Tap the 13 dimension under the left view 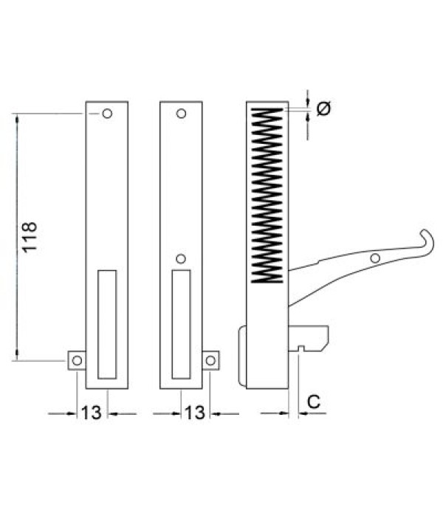point(93,413)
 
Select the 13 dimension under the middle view point(195,413)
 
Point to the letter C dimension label point(313,402)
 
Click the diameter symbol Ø point(323,108)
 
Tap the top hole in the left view point(108,114)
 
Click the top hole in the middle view point(181,114)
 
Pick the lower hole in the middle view point(181,259)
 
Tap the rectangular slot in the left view point(108,325)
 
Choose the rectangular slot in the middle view point(181,325)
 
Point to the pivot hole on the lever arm point(375,258)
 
